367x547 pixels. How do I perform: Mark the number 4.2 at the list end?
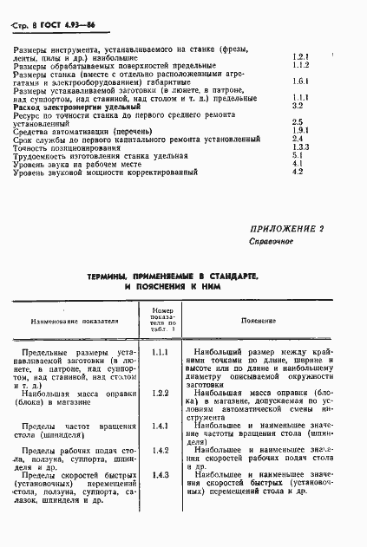[297, 172]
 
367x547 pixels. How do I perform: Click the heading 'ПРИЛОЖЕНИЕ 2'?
[286, 229]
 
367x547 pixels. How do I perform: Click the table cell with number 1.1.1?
[160, 353]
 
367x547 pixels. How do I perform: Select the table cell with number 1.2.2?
[160, 394]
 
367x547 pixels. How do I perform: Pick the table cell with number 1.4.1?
[160, 427]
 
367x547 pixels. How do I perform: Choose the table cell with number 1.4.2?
[160, 451]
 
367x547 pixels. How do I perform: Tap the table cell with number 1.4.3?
[160, 475]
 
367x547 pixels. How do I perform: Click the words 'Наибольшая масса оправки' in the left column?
[81, 394]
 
